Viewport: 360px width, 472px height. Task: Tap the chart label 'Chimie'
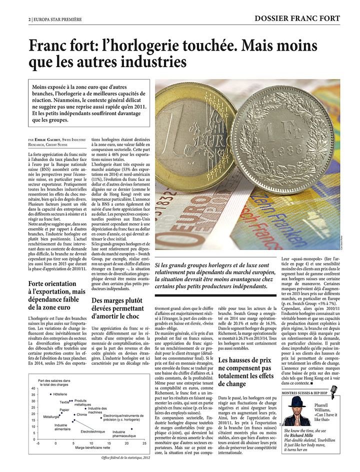(82, 414)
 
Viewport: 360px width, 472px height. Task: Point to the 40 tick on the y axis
(33, 388)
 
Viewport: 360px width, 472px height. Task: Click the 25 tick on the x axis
(144, 443)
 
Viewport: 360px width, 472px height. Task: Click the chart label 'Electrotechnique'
(93, 431)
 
